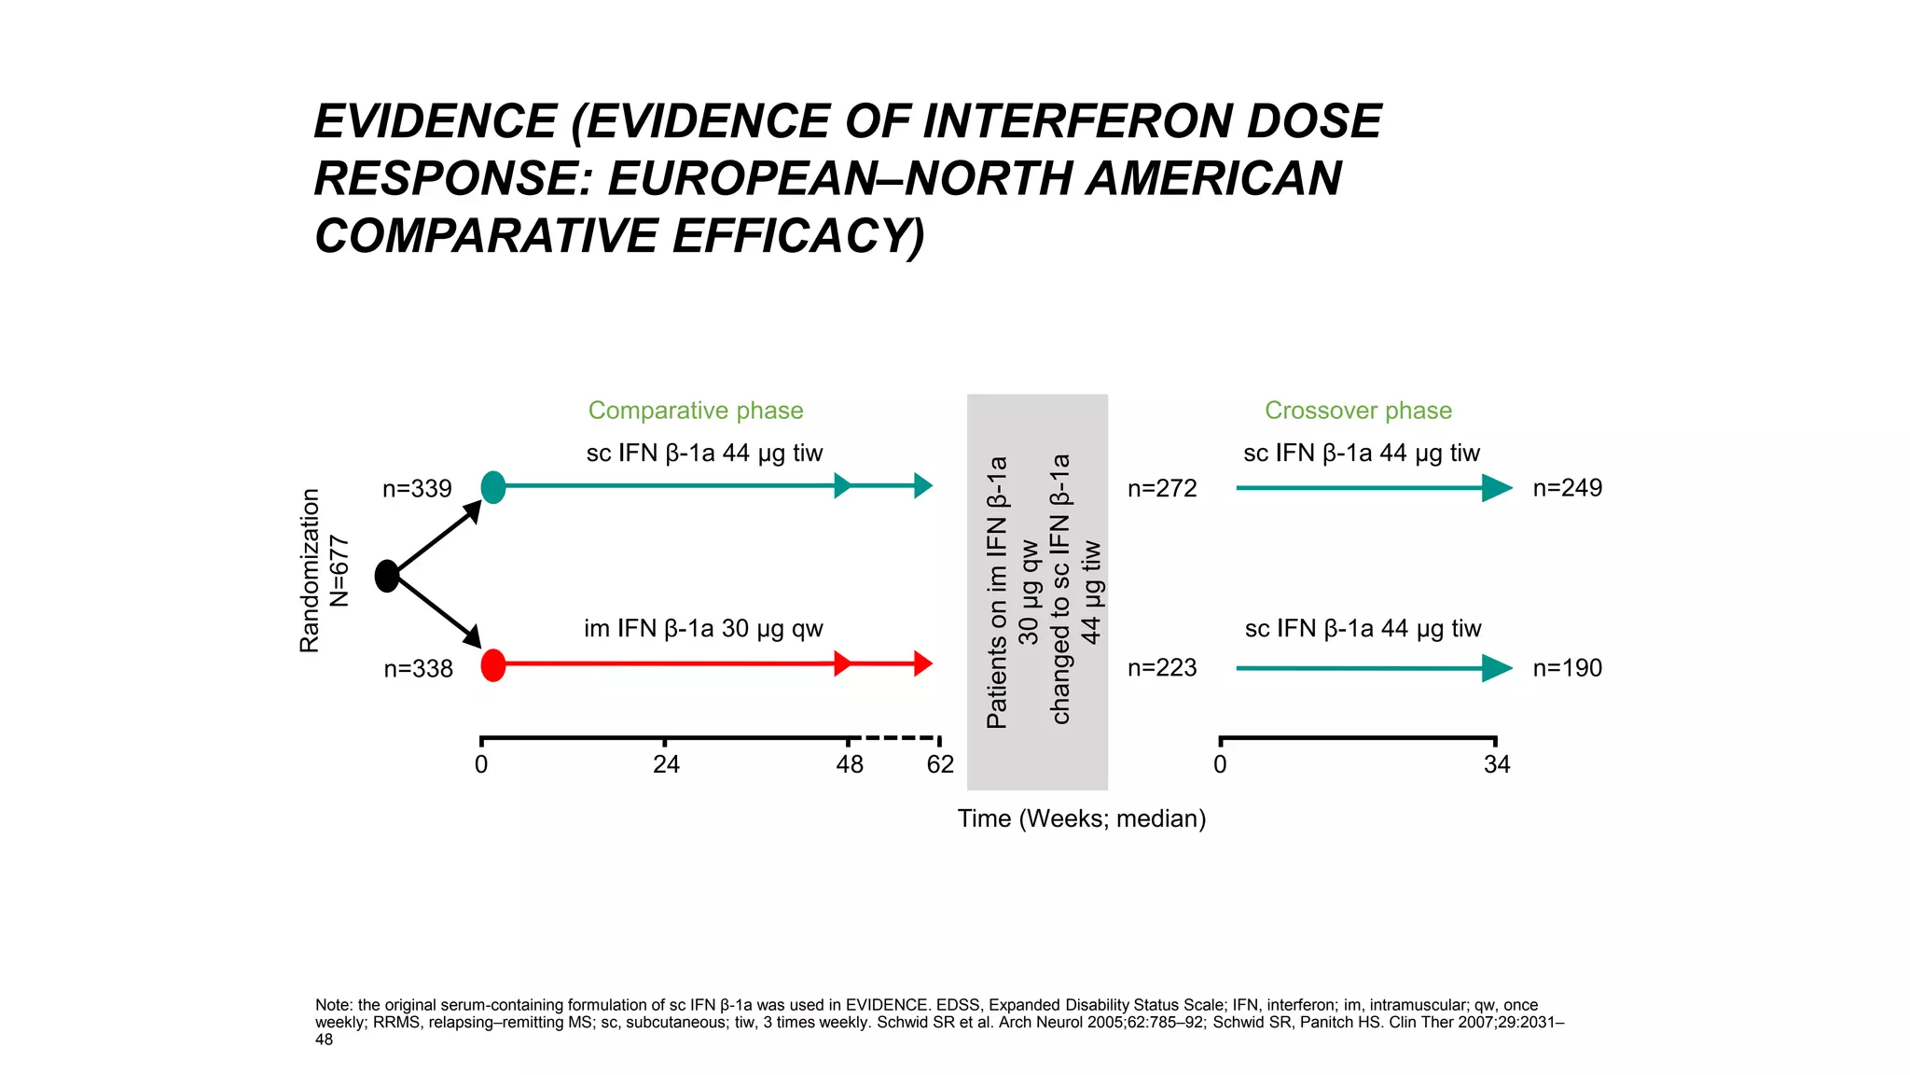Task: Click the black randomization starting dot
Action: [x=387, y=576]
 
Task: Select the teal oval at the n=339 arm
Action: [x=493, y=487]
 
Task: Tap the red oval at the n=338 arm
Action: [x=493, y=665]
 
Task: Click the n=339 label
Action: [x=417, y=489]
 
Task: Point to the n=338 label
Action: [x=418, y=669]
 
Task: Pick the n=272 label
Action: [x=1162, y=489]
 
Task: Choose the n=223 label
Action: [x=1162, y=668]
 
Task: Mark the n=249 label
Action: [x=1568, y=488]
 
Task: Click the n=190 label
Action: [x=1568, y=668]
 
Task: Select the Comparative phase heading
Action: [x=696, y=411]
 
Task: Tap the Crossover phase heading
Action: [x=1358, y=411]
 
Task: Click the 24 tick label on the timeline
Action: [x=666, y=765]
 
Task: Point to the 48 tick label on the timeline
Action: [x=850, y=765]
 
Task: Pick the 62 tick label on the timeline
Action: [x=940, y=765]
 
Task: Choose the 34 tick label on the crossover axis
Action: [x=1497, y=765]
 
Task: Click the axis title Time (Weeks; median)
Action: [x=1082, y=818]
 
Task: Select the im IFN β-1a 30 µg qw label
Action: [x=703, y=629]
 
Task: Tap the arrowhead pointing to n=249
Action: [x=1497, y=488]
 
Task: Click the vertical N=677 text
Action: [x=339, y=571]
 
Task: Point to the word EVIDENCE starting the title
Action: [x=436, y=122]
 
